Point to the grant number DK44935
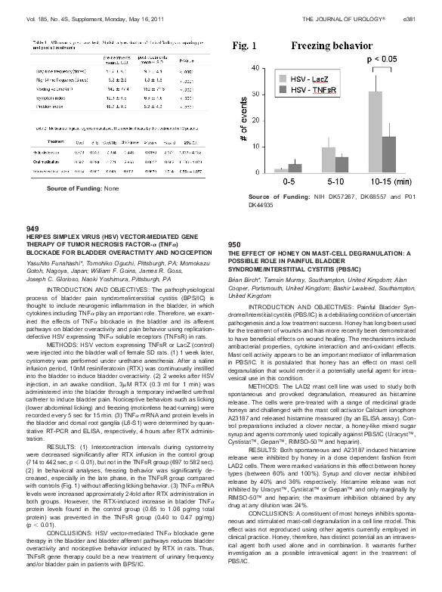[261, 205]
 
